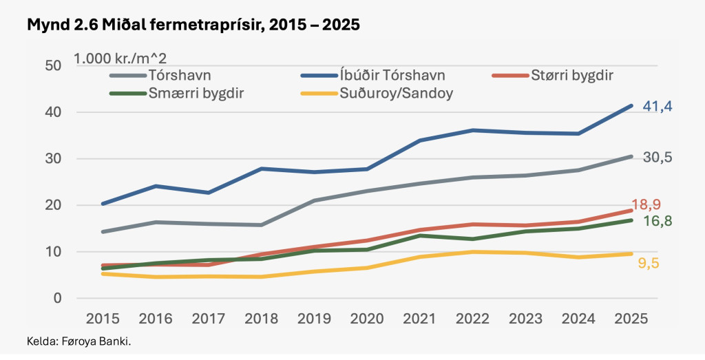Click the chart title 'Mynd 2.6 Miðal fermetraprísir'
193,25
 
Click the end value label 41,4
658,106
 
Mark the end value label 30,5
658,158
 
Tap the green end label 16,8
658,222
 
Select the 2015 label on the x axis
102,319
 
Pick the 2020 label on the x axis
367,319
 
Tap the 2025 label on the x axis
631,319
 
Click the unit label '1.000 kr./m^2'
120,58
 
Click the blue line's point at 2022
473,130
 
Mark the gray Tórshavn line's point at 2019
314,201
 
